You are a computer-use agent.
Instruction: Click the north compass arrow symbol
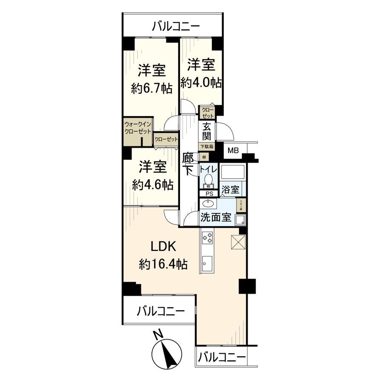(x=169, y=353)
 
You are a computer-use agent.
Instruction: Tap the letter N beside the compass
(x=158, y=334)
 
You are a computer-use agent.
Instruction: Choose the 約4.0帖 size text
(x=201, y=82)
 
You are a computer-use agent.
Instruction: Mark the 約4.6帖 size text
(x=152, y=185)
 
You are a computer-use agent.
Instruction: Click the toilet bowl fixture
(x=209, y=179)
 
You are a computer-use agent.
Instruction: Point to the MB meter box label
(x=233, y=150)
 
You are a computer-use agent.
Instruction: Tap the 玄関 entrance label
(x=207, y=131)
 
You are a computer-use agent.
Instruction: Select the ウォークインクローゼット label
(x=137, y=128)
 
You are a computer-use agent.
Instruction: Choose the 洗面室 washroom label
(x=216, y=217)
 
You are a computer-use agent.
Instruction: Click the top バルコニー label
(x=176, y=27)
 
